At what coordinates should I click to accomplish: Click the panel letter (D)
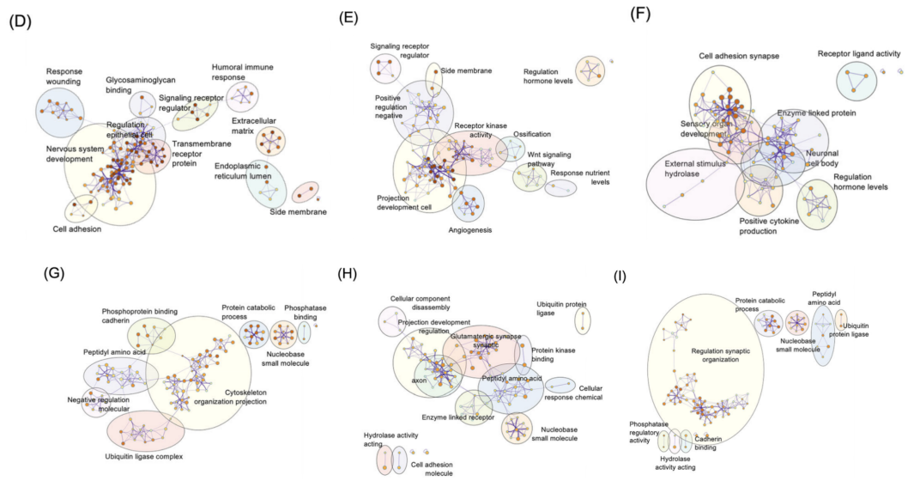click(x=20, y=23)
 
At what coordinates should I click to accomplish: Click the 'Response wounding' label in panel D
click(x=64, y=76)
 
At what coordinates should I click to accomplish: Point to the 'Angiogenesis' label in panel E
click(x=470, y=230)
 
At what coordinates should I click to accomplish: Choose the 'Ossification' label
click(x=532, y=135)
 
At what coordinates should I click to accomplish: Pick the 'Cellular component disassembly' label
click(x=421, y=304)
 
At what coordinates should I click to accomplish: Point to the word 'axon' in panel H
click(x=420, y=380)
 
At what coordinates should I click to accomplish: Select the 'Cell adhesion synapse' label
click(x=739, y=57)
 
